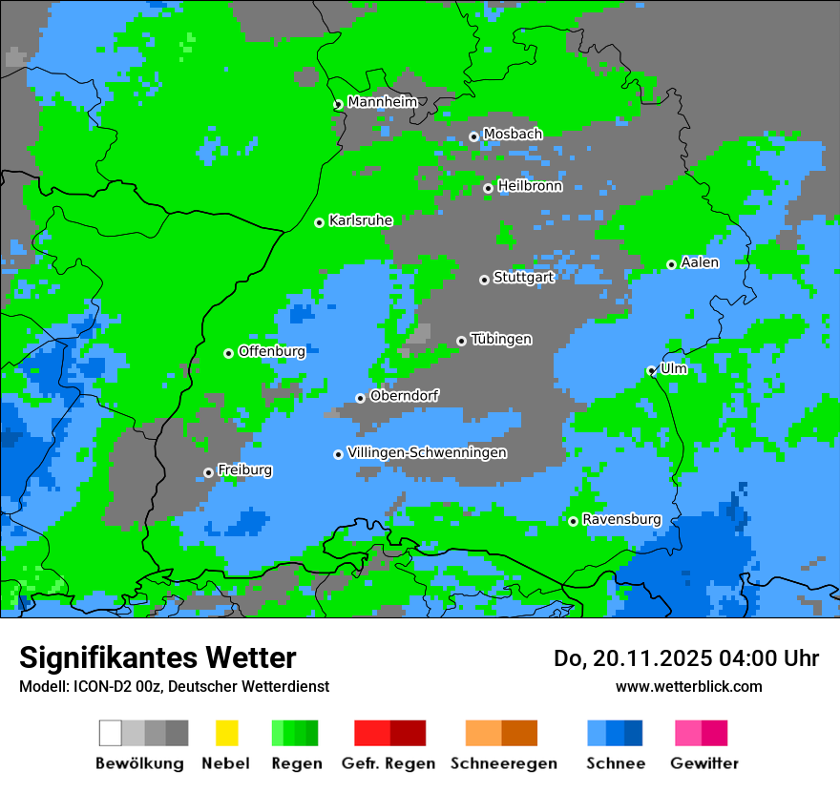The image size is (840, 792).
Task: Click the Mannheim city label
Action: [383, 102]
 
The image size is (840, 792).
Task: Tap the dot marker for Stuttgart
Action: [484, 280]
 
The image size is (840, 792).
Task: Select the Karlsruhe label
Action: [361, 220]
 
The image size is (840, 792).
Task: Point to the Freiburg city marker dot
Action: [208, 472]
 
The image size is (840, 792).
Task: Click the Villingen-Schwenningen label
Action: [428, 452]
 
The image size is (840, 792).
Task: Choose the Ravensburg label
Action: [621, 519]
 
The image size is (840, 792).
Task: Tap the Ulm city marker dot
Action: [651, 370]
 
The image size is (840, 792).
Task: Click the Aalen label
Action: [700, 262]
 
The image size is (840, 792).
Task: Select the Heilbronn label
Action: [530, 186]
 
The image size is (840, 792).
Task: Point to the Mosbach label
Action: [513, 134]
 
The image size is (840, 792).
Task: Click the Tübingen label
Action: [501, 339]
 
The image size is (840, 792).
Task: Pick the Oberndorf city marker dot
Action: [360, 398]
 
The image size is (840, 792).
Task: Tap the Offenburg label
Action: [272, 351]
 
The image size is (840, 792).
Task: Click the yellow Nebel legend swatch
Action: [226, 733]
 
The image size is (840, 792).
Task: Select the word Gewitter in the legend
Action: [704, 763]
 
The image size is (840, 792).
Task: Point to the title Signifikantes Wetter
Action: [157, 657]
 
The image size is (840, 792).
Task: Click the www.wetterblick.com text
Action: [688, 686]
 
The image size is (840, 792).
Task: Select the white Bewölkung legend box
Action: [111, 733]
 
